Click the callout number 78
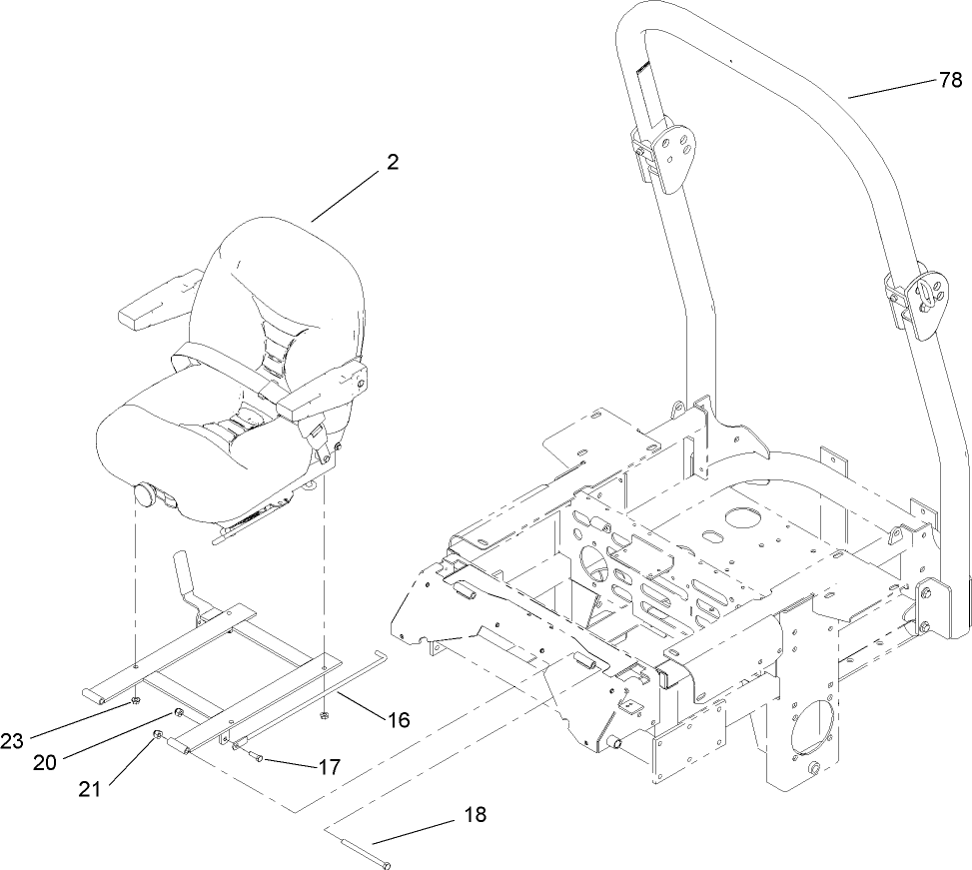950,82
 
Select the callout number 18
476,815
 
